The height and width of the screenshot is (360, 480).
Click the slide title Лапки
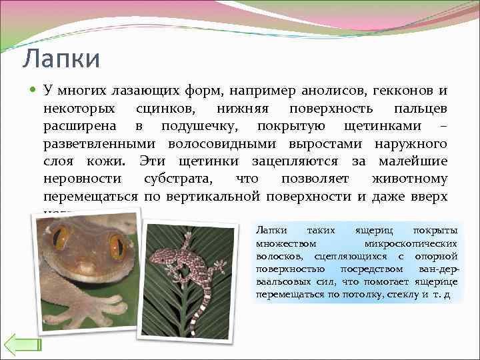tap(61, 59)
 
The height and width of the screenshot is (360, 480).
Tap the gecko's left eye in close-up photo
tap(61, 238)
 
